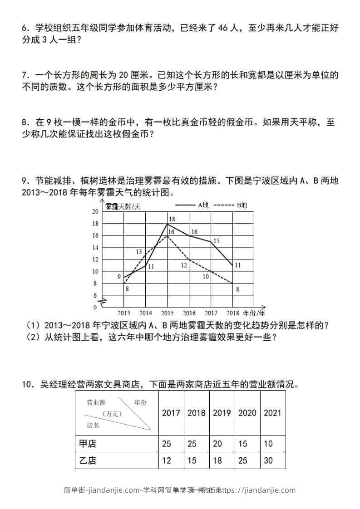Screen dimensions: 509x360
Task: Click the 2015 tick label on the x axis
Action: pos(168,313)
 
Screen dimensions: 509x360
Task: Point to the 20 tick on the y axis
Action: pos(95,211)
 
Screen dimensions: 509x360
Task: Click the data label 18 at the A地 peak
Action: pos(172,219)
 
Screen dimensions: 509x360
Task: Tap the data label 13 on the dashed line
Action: pos(139,252)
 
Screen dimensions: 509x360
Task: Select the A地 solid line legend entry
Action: pos(192,205)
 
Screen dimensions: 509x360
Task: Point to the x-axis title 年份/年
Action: pos(254,313)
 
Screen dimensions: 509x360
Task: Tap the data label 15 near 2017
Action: pos(216,240)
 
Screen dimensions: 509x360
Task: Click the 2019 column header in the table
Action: pos(222,413)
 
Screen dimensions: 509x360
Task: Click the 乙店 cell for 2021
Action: pos(268,460)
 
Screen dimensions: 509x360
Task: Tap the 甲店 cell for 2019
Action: pos(217,443)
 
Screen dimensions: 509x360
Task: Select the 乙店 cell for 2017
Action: pos(167,460)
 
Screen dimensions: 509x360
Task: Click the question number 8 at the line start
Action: pos(25,122)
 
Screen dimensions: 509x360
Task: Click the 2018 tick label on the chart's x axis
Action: pos(232,313)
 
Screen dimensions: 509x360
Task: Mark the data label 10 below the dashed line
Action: pos(206,276)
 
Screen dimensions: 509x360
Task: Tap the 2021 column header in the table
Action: pos(272,413)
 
